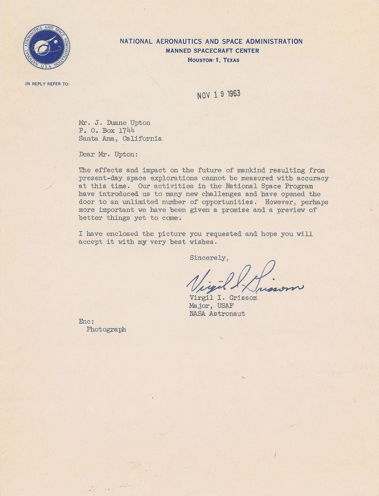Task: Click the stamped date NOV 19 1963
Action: coord(219,95)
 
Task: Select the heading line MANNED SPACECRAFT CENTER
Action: coord(212,51)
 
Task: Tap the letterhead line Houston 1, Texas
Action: coord(213,60)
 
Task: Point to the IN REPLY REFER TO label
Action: coord(47,84)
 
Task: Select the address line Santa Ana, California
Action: coord(120,139)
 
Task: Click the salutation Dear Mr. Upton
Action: coord(108,155)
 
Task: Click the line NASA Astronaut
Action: coord(217,314)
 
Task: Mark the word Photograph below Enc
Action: coord(106,329)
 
